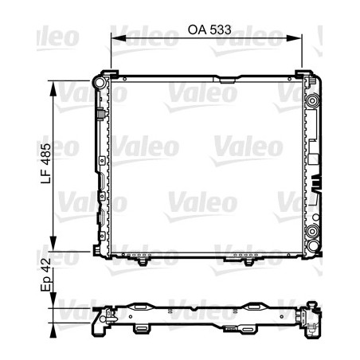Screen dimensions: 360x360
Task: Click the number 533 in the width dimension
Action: [x=221, y=31]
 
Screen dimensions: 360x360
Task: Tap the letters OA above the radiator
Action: [x=197, y=31]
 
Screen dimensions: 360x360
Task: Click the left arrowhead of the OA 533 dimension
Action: [x=114, y=37]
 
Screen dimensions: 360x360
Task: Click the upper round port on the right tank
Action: [x=312, y=101]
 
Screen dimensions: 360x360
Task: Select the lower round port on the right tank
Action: [x=312, y=233]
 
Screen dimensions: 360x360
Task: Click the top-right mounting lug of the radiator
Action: [x=305, y=75]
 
